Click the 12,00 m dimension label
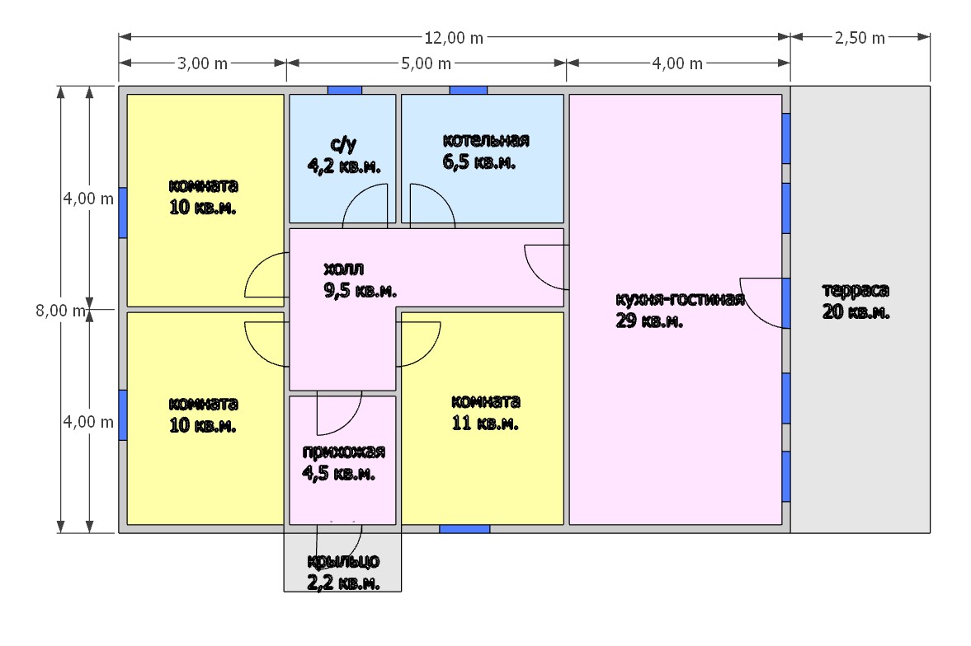453,38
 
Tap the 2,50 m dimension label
860,38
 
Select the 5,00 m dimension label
426,63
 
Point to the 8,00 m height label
60,310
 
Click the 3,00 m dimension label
202,63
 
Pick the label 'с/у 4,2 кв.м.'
344,155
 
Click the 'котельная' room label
486,140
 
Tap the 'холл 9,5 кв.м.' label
360,279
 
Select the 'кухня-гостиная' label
680,299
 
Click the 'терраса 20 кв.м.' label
856,301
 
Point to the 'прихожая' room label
344,452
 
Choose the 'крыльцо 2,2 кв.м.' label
344,572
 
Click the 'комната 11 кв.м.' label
485,412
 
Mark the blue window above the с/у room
344,91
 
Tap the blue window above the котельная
468,91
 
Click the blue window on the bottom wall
464,529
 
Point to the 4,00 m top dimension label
677,63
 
